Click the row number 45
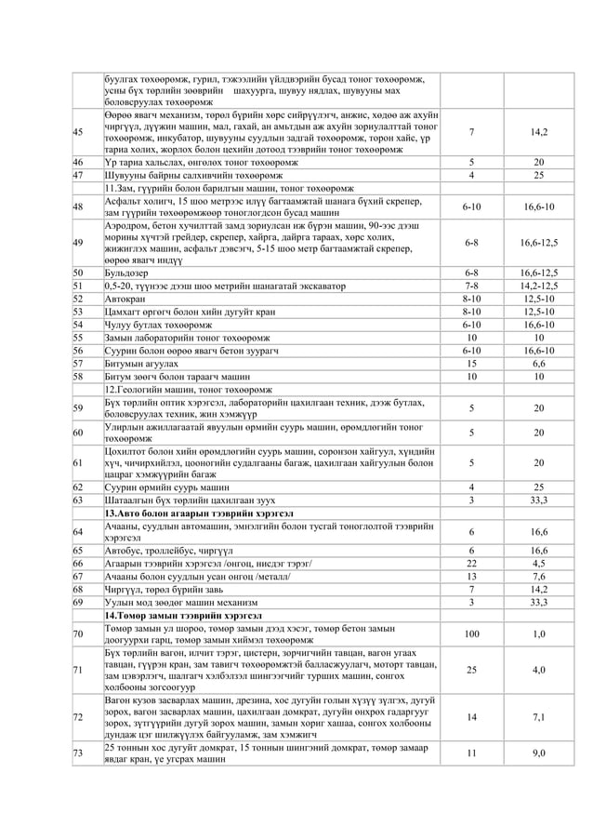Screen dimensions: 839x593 79,132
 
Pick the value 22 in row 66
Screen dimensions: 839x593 471,563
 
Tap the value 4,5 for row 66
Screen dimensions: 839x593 539,563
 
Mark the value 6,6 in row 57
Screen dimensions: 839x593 539,363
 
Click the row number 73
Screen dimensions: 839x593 79,753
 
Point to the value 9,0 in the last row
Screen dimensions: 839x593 539,753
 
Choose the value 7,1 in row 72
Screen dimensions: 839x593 539,717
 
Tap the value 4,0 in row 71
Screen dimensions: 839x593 539,670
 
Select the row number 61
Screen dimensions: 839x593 79,461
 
